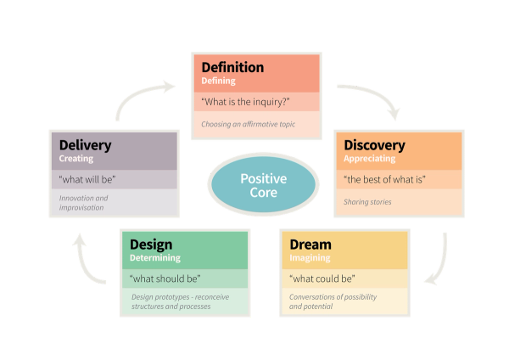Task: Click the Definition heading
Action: pyautogui.click(x=232, y=67)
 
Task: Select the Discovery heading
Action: pyautogui.click(x=374, y=145)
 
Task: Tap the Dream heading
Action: pyautogui.click(x=310, y=245)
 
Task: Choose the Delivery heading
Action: pyautogui.click(x=86, y=145)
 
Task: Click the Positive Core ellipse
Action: pyautogui.click(x=263, y=185)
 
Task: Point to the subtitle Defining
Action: pyautogui.click(x=219, y=82)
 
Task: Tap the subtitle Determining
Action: pyautogui.click(x=154, y=257)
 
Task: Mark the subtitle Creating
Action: pyautogui.click(x=76, y=159)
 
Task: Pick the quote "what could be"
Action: pyautogui.click(x=322, y=278)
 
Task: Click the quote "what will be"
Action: pyautogui.click(x=87, y=180)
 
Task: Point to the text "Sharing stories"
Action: pyautogui.click(x=368, y=202)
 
